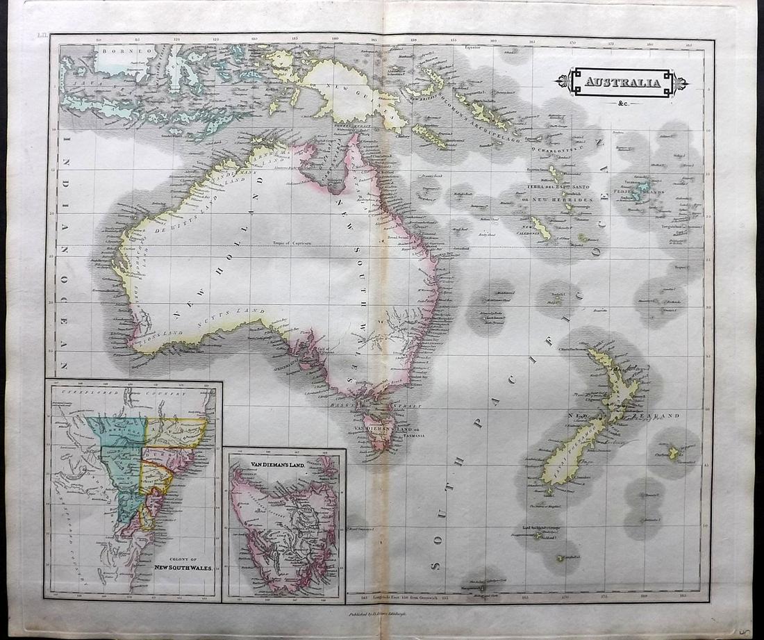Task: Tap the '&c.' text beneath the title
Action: pos(621,105)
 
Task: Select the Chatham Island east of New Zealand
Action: pos(673,453)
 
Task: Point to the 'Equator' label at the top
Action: pos(473,48)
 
